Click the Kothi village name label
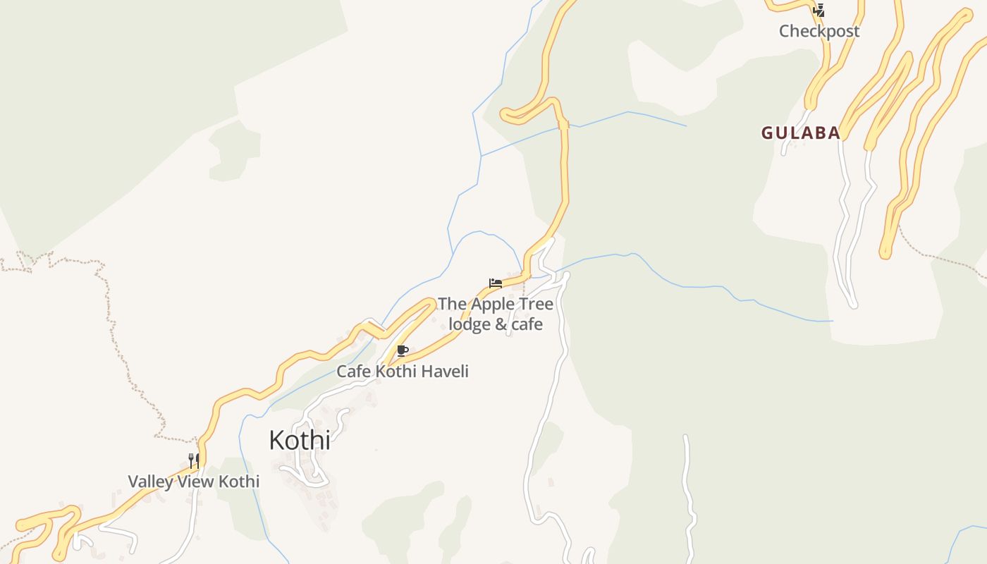click(x=300, y=440)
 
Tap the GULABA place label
click(x=800, y=133)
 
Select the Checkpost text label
click(x=819, y=31)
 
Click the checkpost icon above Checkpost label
click(x=819, y=11)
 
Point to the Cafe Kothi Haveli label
click(x=402, y=371)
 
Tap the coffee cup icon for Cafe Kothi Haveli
click(x=403, y=350)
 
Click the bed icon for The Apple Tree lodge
click(x=496, y=283)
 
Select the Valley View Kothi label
click(x=193, y=482)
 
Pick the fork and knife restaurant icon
click(x=194, y=461)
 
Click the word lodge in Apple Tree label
click(x=471, y=324)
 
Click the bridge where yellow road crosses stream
click(x=563, y=125)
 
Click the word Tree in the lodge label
click(x=536, y=304)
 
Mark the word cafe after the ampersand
click(x=527, y=324)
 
